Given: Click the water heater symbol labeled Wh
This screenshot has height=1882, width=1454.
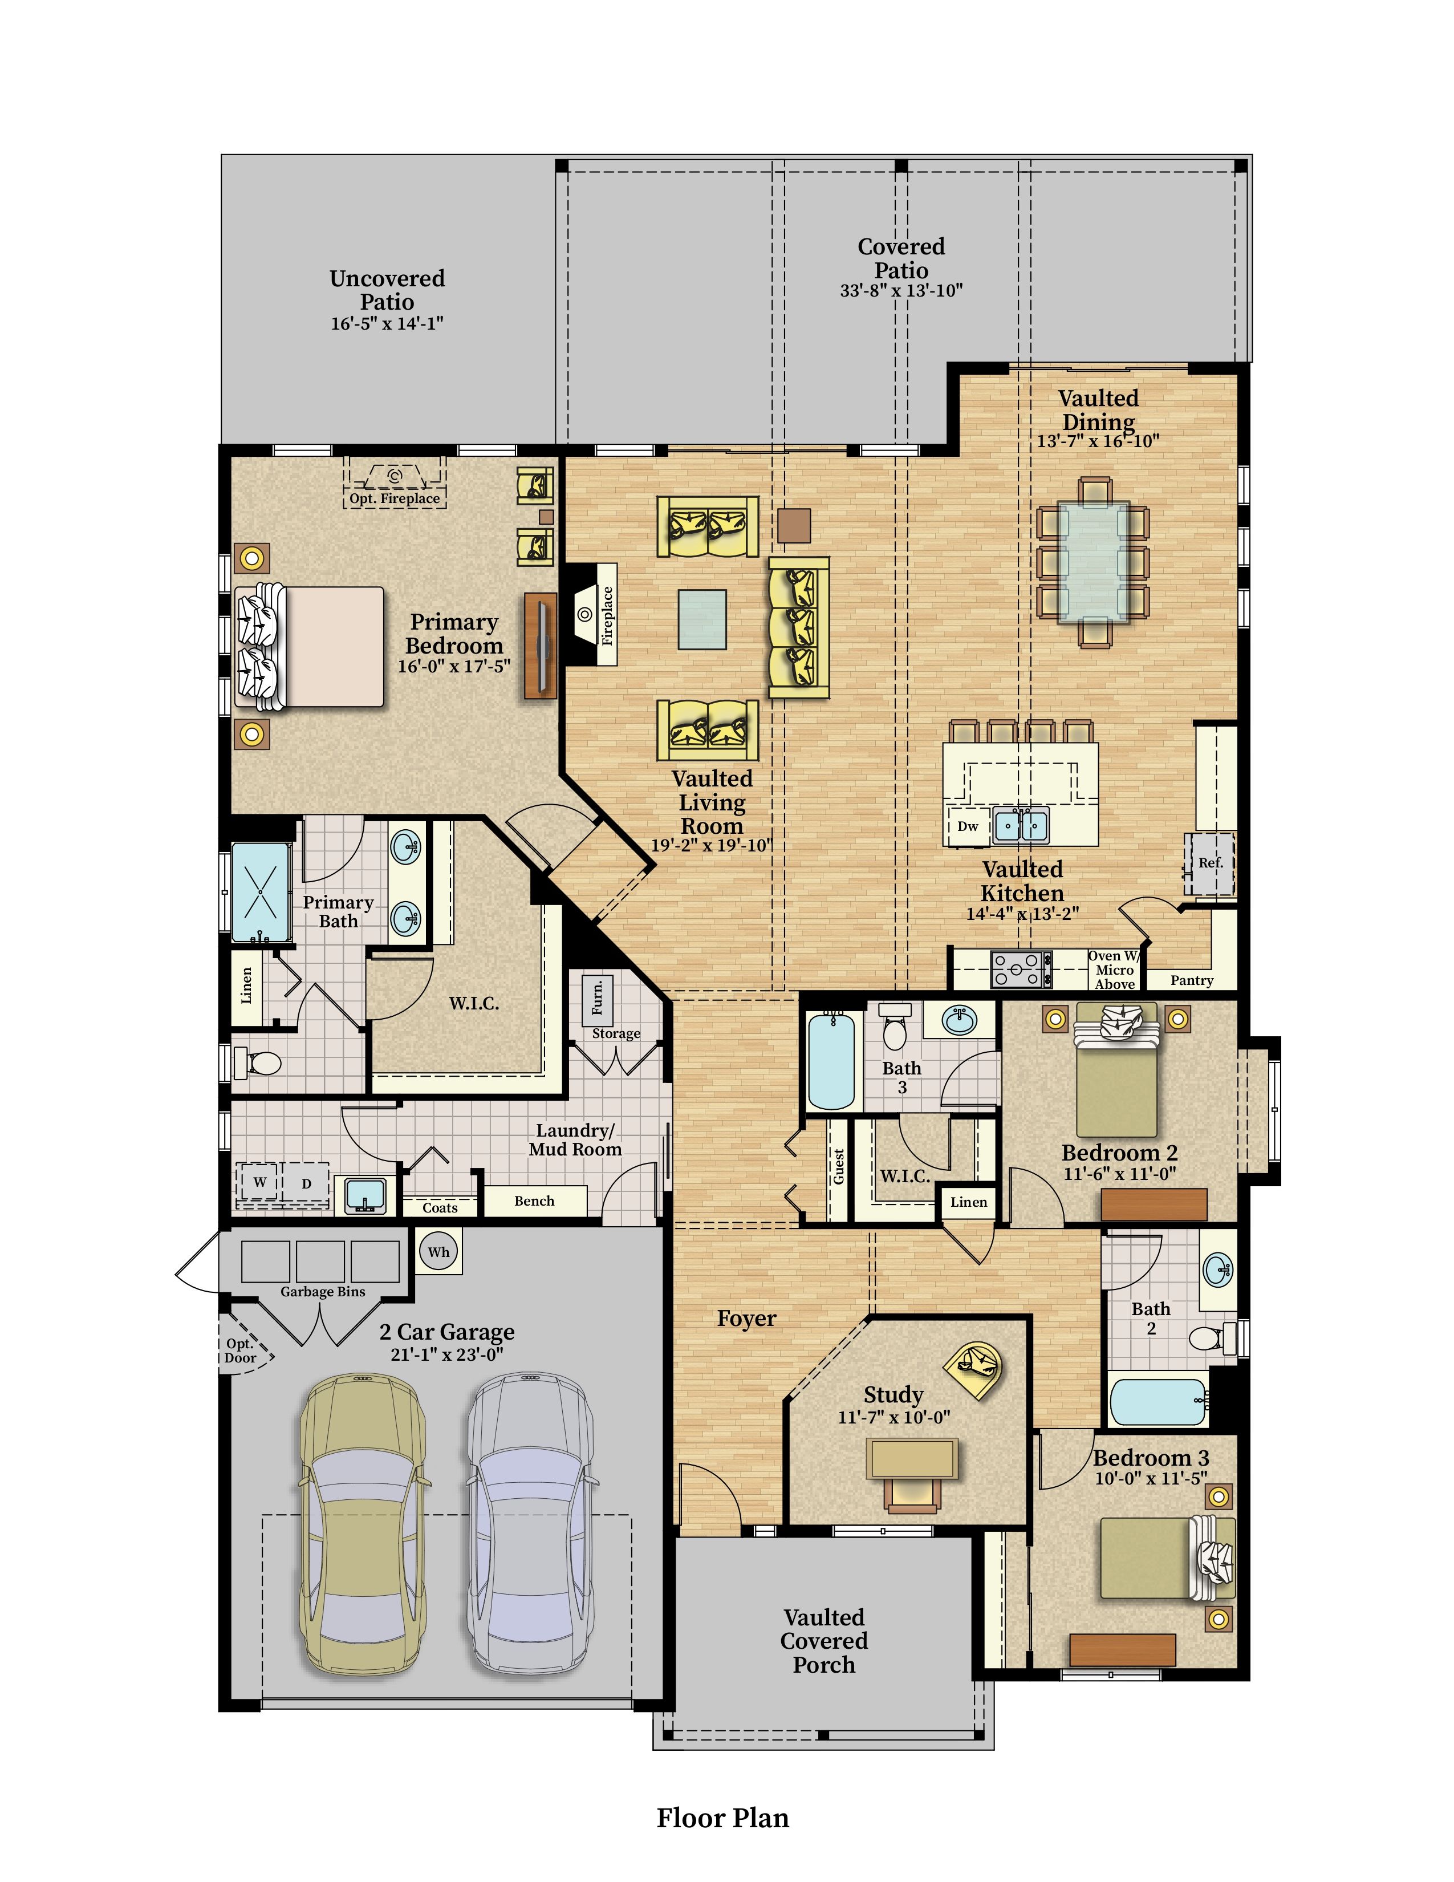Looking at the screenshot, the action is tap(438, 1252).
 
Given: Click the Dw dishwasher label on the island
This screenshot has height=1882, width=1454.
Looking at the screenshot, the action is tap(968, 826).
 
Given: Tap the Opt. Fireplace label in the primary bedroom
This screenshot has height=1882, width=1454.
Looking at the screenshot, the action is tap(395, 498).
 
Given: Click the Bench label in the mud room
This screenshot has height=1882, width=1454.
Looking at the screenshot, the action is tap(534, 1201).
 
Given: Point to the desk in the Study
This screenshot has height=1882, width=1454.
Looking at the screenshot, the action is tap(912, 1459).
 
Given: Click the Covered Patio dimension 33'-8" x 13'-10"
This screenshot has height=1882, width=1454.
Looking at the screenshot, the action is tap(901, 291).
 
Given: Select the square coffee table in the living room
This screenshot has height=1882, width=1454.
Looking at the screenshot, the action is tap(702, 619).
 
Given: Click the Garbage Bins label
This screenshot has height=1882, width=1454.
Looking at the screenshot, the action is tap(323, 1292).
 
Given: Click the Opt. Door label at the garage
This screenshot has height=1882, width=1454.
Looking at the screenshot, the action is tap(240, 1351).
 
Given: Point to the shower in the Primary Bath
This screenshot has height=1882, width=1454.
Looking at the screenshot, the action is tap(261, 892).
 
